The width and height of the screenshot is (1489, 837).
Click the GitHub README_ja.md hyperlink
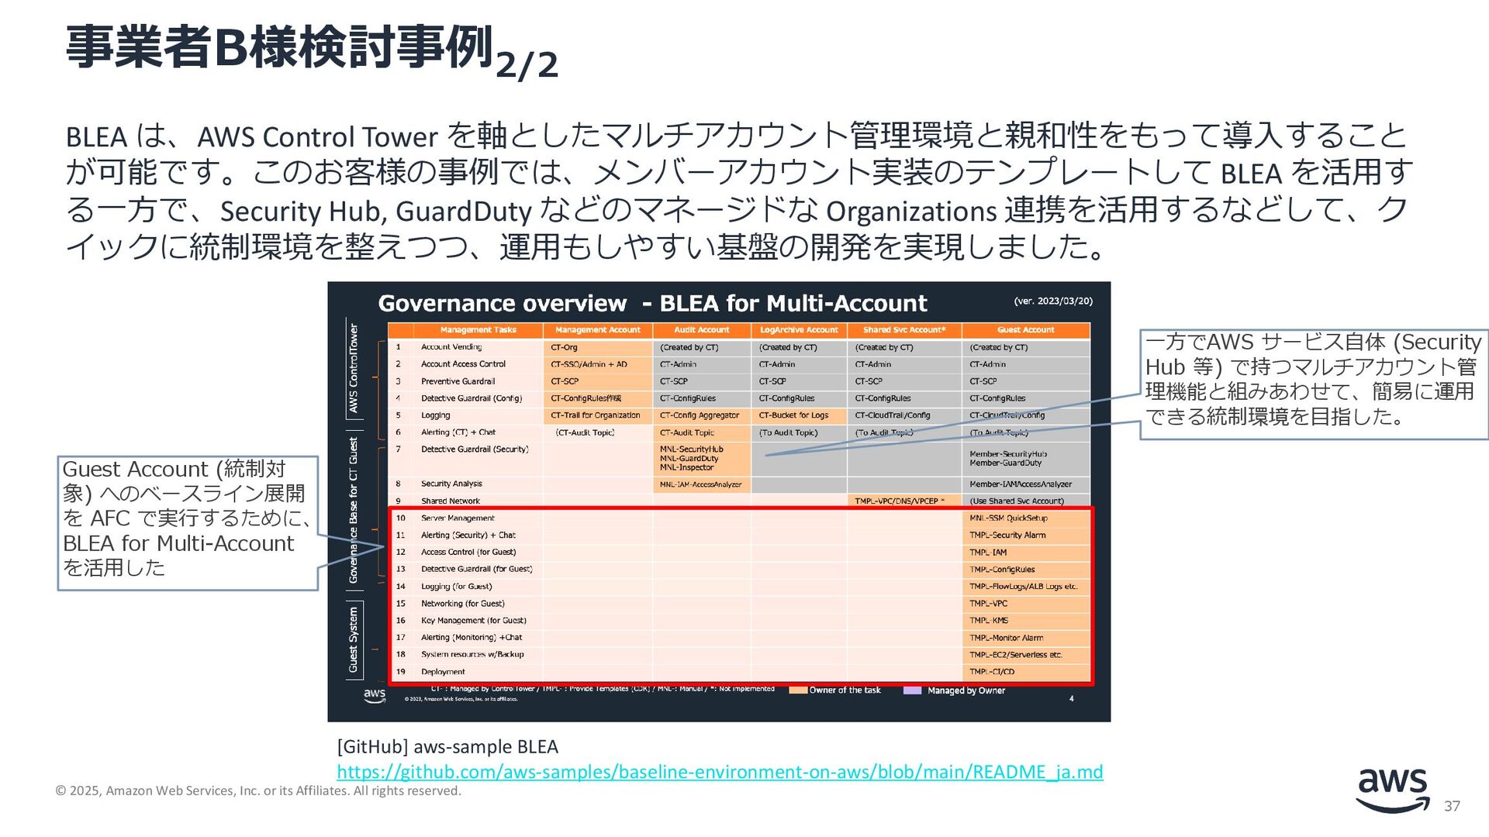(719, 772)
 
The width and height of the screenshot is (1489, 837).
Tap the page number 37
(1452, 806)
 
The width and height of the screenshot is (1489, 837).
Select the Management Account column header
(597, 330)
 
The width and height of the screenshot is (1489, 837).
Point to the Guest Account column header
(1025, 330)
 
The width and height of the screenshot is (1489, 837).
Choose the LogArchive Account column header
(799, 330)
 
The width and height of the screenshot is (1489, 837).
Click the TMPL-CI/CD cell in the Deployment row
(992, 672)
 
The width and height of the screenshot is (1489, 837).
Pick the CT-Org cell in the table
(564, 347)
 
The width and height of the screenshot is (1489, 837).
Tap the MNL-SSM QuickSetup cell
(1008, 518)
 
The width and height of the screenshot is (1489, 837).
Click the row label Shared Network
(450, 501)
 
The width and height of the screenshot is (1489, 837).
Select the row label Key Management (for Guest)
(473, 621)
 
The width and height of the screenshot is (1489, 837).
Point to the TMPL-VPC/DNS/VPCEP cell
(900, 501)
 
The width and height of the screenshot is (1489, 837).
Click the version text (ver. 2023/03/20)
(1052, 301)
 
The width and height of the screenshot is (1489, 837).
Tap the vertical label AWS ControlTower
(354, 368)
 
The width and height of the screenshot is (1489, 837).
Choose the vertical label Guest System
(354, 639)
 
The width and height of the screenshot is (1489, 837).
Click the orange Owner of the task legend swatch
(798, 690)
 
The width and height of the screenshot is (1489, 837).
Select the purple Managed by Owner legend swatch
(912, 690)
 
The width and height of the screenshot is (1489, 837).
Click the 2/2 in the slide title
(527, 65)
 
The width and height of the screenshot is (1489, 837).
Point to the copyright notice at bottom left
(258, 790)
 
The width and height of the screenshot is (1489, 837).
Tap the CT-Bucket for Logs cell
(793, 415)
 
